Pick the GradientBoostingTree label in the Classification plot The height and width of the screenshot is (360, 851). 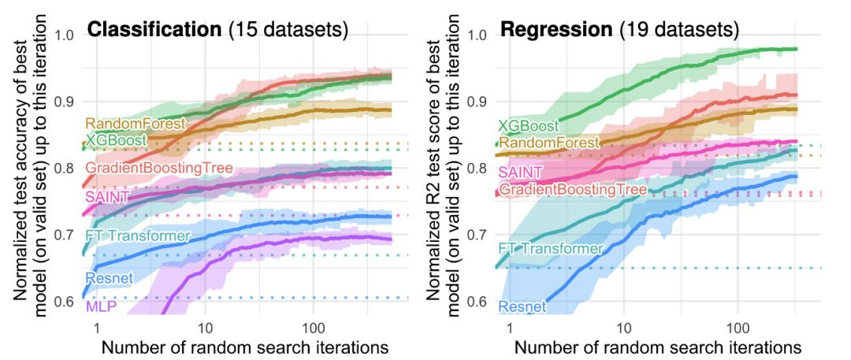point(158,168)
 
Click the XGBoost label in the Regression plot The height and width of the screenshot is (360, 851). point(527,125)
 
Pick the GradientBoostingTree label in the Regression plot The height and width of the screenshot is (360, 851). point(572,190)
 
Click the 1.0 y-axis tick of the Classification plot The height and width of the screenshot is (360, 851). point(64,35)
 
